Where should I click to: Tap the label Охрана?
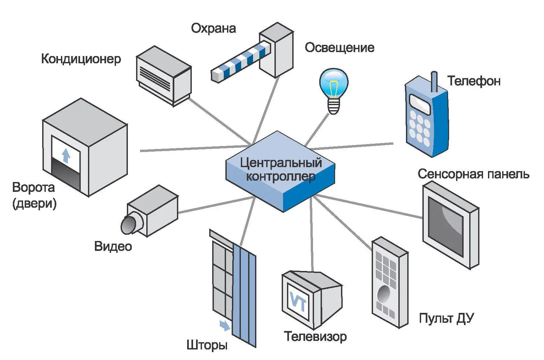[214, 28]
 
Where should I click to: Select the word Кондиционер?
[81, 59]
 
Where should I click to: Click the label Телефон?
[474, 81]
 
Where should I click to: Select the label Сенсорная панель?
[473, 174]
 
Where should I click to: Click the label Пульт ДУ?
[446, 318]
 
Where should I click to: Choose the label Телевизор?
[315, 337]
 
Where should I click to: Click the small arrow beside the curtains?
[225, 326]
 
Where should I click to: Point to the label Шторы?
[207, 345]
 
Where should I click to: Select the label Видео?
[113, 247]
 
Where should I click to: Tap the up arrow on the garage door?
[66, 156]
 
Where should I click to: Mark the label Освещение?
[339, 48]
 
